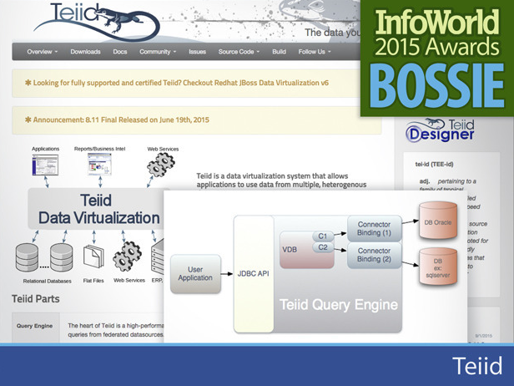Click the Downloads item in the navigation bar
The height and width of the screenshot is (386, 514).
[x=85, y=52]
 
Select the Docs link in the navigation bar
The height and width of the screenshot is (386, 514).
[x=120, y=52]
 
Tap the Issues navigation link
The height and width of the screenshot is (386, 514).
[x=197, y=52]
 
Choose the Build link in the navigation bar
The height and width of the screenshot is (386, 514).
[x=279, y=52]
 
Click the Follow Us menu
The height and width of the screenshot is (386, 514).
[x=314, y=52]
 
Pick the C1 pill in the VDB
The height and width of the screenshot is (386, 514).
[x=322, y=236]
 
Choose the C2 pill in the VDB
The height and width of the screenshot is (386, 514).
[x=322, y=248]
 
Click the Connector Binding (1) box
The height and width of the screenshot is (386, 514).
[x=374, y=230]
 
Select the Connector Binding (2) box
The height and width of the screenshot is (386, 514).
[x=374, y=256]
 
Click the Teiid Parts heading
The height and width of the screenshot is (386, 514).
[x=35, y=298]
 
